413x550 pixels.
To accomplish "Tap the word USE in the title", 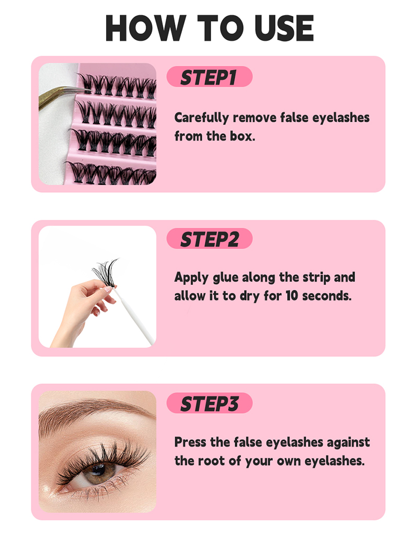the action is (284, 28).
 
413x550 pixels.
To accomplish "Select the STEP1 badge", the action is (209, 77).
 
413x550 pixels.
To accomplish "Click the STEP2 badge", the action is (209, 239).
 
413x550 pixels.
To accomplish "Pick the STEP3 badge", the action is (209, 403).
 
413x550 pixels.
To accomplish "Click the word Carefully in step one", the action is (202, 118).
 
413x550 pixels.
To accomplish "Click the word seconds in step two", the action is (327, 296).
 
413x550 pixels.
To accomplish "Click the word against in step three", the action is (348, 443).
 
